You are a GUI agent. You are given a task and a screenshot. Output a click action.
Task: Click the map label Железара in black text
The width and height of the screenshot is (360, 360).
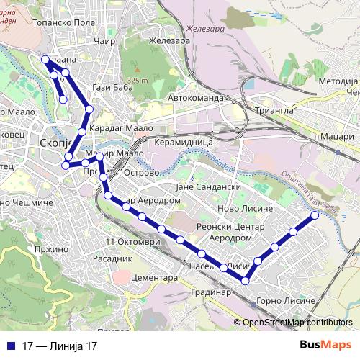[x=169, y=41]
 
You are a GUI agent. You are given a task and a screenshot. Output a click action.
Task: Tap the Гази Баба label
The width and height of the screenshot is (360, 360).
[x=110, y=87]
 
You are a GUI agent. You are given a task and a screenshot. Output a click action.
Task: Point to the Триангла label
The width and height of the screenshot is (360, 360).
[x=275, y=111]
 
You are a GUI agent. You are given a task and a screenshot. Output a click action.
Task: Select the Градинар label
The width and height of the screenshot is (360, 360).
[x=211, y=293]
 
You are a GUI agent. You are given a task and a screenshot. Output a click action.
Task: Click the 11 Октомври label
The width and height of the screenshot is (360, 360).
[x=133, y=241]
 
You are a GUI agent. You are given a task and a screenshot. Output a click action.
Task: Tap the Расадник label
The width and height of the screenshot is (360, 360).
[x=113, y=257]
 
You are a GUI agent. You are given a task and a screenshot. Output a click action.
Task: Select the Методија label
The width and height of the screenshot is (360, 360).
[x=338, y=81]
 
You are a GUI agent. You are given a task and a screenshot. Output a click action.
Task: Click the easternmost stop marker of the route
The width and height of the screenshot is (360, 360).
[x=315, y=215]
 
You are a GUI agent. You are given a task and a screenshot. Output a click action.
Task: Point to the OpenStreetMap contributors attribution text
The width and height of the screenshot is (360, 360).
[x=297, y=323]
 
